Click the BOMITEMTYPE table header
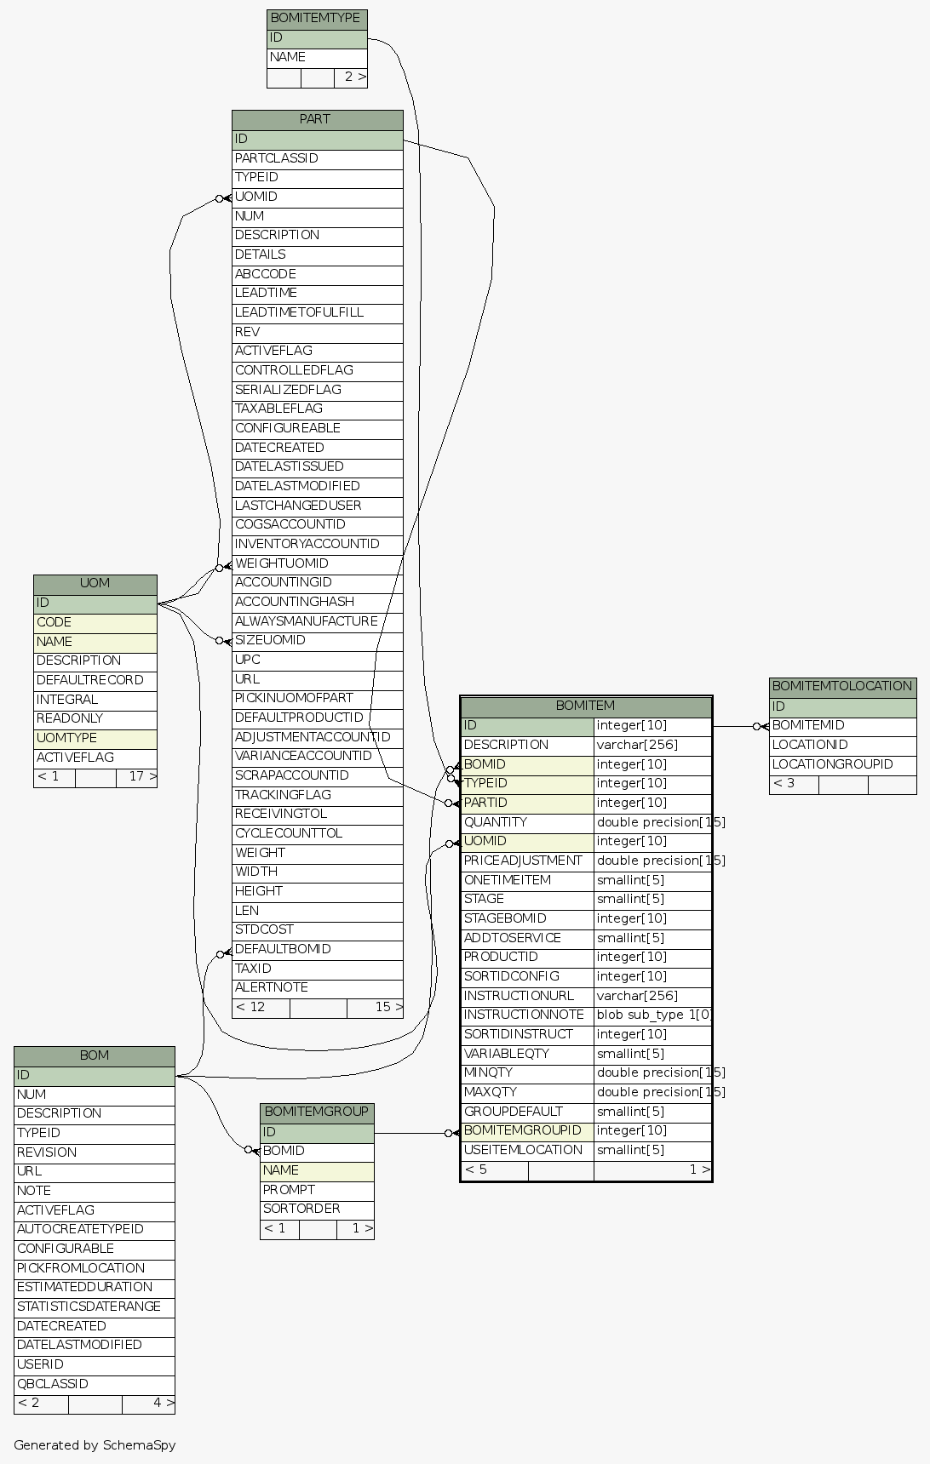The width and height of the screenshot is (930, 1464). coord(316,18)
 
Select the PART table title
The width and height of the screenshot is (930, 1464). coord(316,119)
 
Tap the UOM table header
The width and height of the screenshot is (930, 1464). coord(95,583)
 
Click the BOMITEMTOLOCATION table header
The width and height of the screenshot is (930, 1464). coord(841,686)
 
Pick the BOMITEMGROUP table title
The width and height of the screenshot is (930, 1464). coord(316,1112)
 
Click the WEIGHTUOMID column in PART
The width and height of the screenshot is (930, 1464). coord(282,563)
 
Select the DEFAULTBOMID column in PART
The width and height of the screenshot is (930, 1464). coord(283,949)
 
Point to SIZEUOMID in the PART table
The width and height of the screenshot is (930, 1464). coord(270,640)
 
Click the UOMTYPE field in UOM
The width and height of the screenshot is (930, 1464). coord(66,738)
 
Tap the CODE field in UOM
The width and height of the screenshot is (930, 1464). coord(54,622)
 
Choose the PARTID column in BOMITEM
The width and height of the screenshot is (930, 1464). coord(485,803)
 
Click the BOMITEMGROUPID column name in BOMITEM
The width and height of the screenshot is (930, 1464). coord(522,1130)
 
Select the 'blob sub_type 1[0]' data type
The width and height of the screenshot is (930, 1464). coord(654,1015)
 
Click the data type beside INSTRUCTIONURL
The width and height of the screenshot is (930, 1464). coord(637,996)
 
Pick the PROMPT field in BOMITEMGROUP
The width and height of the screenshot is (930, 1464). coord(289,1190)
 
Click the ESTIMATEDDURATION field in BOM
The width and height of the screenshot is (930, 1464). coord(84,1287)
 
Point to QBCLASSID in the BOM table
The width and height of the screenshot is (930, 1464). coord(53,1384)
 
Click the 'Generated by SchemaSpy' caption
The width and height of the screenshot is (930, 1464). coord(95,1444)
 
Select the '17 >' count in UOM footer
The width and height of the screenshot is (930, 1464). coord(141,776)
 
